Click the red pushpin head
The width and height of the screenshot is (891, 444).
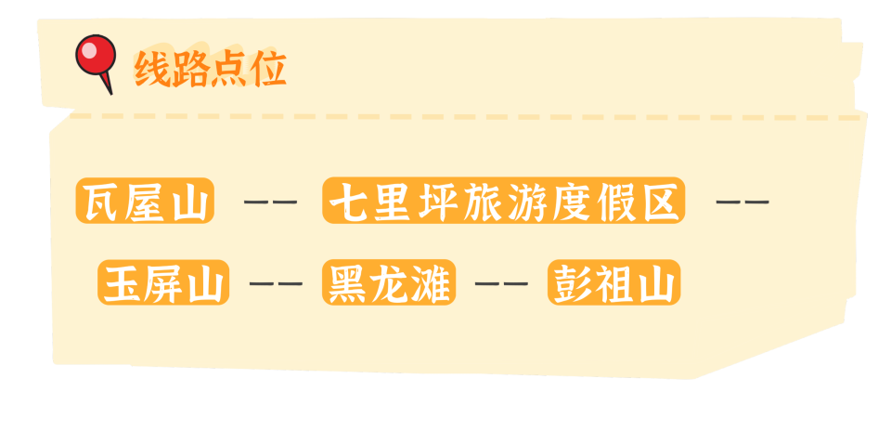point(96,55)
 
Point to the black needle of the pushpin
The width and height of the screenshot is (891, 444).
point(107,84)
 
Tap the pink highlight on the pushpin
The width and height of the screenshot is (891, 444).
point(89,50)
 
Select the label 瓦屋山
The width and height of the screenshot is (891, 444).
point(145,200)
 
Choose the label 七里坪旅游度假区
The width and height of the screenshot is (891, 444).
point(503,200)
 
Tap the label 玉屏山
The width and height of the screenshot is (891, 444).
point(163,282)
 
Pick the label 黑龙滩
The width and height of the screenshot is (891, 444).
point(389,282)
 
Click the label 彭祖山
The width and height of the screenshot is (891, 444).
point(614,282)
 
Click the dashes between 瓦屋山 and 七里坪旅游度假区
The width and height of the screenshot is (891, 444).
point(270,202)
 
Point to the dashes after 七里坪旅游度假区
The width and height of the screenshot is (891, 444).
point(742,202)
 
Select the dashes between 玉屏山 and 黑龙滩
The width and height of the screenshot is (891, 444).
point(276,282)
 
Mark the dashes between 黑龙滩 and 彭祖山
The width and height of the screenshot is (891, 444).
point(501,282)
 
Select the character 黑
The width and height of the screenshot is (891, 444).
point(348,282)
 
